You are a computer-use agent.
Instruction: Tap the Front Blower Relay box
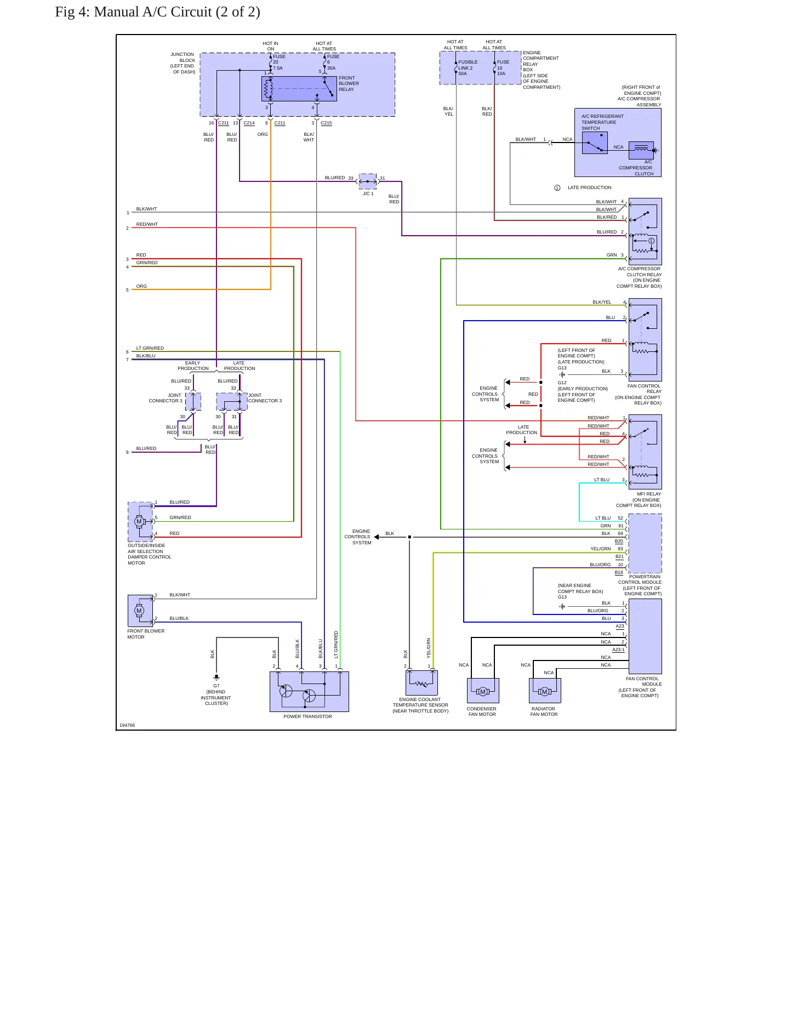pos(299,89)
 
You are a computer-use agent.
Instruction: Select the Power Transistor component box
pos(309,692)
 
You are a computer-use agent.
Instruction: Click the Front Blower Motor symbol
pos(140,611)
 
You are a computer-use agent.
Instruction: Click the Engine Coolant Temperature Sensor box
pos(421,683)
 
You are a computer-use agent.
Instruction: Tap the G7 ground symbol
pos(216,677)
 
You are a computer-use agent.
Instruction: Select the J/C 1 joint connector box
pos(368,181)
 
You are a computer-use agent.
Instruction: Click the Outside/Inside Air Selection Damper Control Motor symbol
pos(140,522)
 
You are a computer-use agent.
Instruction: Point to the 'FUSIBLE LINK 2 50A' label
pos(468,68)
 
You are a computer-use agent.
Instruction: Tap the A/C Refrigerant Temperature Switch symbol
pos(595,143)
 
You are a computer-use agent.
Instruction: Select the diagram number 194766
pos(127,725)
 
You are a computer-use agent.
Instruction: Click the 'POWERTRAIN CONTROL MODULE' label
pos(640,579)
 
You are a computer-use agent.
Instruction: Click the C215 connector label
pos(326,123)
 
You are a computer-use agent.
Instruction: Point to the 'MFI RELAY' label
pos(649,494)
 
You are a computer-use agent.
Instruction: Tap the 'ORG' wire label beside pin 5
pos(141,286)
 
